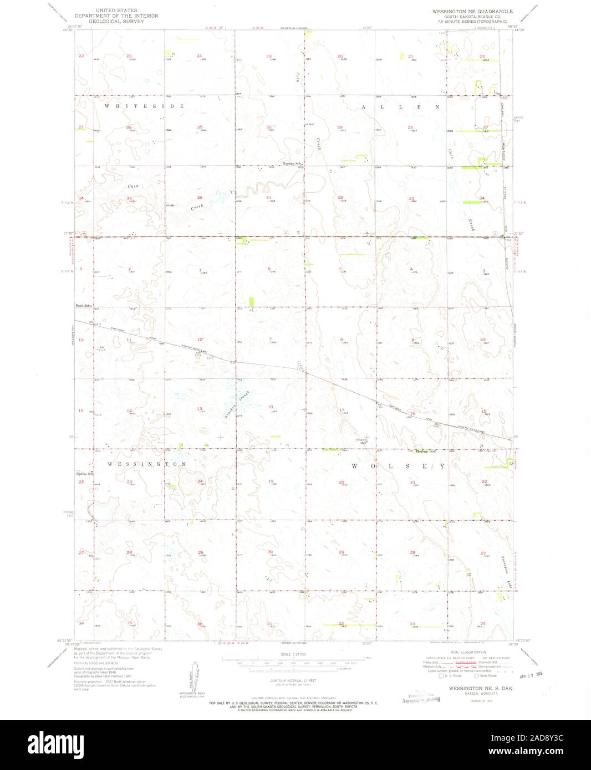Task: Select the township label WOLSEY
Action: (398, 466)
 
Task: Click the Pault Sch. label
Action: (83, 305)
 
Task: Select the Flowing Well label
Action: (419, 451)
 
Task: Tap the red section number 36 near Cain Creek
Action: (200, 198)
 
